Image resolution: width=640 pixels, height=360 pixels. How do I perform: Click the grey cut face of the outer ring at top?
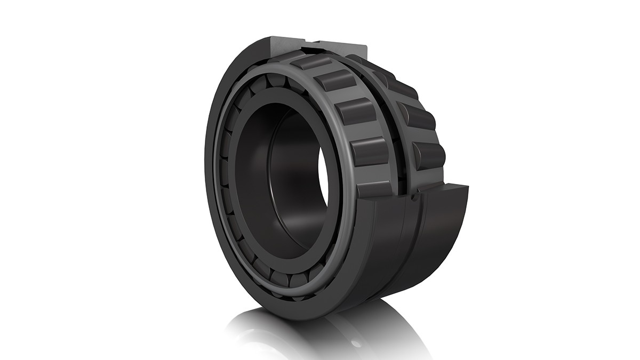point(288,45)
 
